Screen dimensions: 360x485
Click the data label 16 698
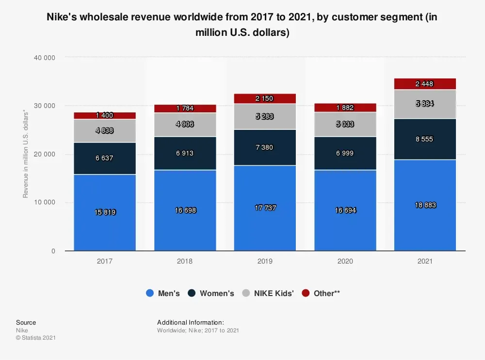click(x=185, y=210)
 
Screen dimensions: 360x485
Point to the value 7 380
click(x=265, y=147)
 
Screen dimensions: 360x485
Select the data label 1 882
click(x=345, y=108)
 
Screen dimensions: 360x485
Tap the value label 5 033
click(x=345, y=124)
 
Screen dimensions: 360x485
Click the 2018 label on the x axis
click(x=185, y=261)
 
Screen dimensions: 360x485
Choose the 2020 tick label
click(x=345, y=261)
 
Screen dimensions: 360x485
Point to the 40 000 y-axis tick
click(x=45, y=58)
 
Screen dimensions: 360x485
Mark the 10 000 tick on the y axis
click(x=45, y=203)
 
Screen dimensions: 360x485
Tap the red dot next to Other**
click(x=306, y=293)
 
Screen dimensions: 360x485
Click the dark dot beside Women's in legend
click(x=192, y=293)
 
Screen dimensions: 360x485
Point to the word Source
click(x=26, y=322)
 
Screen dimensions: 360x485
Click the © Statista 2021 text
click(x=36, y=338)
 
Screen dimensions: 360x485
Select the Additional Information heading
click(x=190, y=322)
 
